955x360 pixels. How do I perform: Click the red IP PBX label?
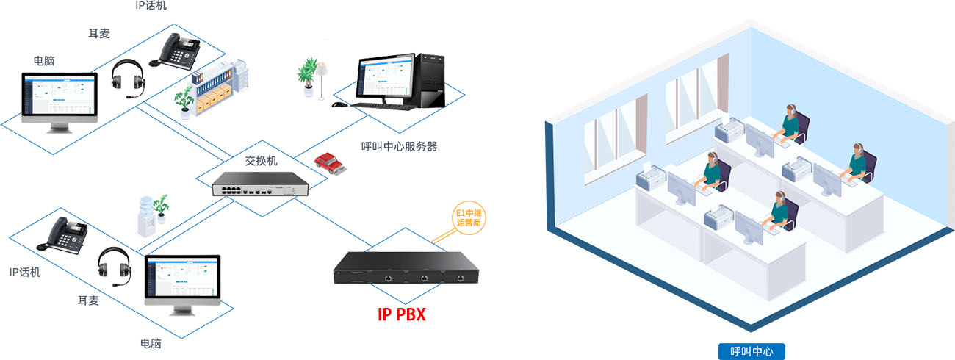[401, 314]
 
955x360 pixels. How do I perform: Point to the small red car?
[330, 163]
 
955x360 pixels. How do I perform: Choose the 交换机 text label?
[260, 160]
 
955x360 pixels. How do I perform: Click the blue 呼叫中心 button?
[751, 351]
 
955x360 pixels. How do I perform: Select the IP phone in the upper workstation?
[176, 51]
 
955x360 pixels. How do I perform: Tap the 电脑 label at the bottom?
[151, 343]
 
